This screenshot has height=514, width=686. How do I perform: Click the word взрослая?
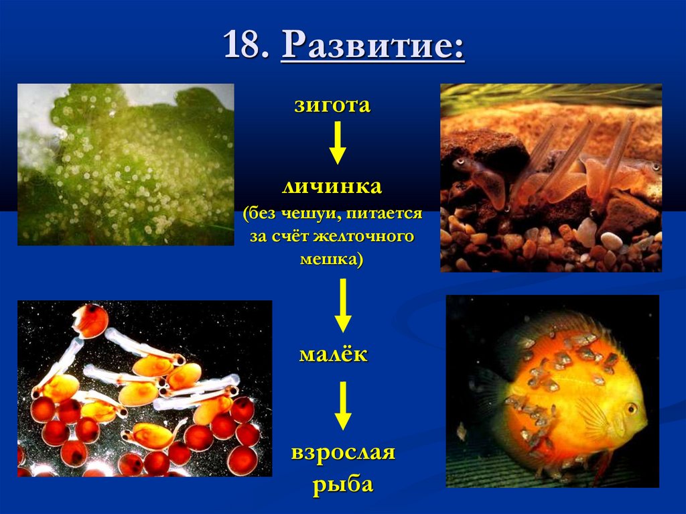coord(342,454)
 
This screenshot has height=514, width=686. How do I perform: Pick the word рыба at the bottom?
coord(342,484)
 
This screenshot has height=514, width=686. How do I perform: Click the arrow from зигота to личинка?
coord(338,142)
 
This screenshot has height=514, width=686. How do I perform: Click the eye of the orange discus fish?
coord(631,407)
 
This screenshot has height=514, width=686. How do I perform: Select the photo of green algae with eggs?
coord(125,164)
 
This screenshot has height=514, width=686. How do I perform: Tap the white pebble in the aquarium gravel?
coord(611,241)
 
